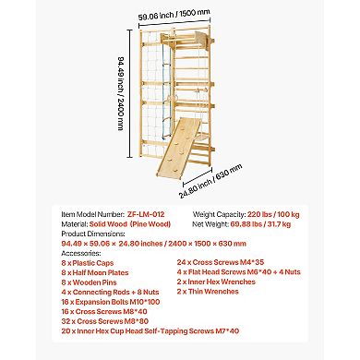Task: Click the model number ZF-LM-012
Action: (146, 214)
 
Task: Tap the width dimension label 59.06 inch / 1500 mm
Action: (174, 15)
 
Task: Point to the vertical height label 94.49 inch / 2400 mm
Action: (121, 93)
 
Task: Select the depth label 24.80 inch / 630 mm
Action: (210, 181)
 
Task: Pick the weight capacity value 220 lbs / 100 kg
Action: (273, 214)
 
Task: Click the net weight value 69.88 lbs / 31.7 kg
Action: (260, 224)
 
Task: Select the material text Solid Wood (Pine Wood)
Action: (130, 224)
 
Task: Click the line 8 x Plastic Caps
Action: (88, 263)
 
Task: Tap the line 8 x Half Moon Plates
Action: (95, 272)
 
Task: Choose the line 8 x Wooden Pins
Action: (89, 282)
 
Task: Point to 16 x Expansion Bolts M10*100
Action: (111, 302)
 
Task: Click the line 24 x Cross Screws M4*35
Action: (221, 262)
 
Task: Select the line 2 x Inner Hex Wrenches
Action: (216, 282)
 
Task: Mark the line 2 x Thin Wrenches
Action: (208, 292)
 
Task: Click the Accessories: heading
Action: (81, 253)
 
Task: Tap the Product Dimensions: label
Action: (93, 234)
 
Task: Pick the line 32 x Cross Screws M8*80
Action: (105, 321)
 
